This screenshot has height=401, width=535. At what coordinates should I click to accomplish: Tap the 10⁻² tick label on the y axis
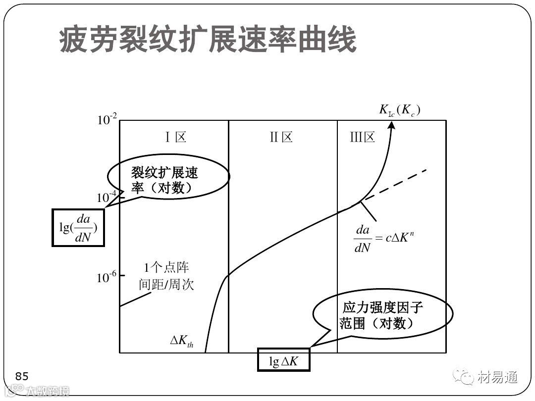point(107,119)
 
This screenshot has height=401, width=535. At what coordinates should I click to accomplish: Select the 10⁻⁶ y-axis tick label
point(107,278)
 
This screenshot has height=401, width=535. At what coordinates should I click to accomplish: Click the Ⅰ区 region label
point(175,137)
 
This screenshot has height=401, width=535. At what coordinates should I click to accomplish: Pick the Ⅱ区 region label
point(281,137)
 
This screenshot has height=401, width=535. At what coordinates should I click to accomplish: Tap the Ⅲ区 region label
point(363,137)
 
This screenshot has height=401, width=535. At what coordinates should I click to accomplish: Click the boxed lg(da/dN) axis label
point(78,227)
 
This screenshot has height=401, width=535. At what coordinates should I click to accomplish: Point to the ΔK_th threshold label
point(182,341)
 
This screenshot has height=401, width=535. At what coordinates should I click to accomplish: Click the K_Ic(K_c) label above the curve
point(400,110)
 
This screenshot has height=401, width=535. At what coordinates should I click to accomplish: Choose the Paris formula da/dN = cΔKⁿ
point(384,238)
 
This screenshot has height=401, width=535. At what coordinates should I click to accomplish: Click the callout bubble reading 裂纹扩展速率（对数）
point(168,179)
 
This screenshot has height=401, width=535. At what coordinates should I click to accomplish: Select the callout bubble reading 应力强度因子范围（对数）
point(382,315)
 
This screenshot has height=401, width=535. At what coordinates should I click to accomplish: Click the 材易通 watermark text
point(498,378)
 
